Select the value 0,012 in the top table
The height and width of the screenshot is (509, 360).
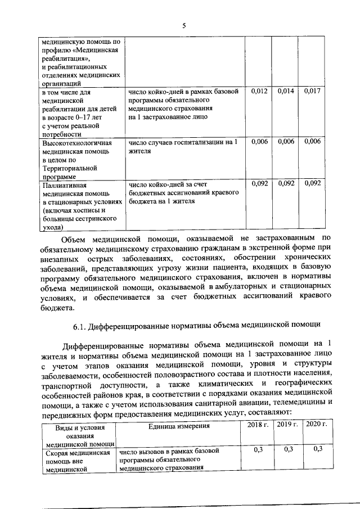tap(258, 91)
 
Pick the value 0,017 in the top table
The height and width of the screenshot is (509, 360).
tap(312, 91)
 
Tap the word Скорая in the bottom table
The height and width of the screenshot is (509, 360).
tap(57, 451)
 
